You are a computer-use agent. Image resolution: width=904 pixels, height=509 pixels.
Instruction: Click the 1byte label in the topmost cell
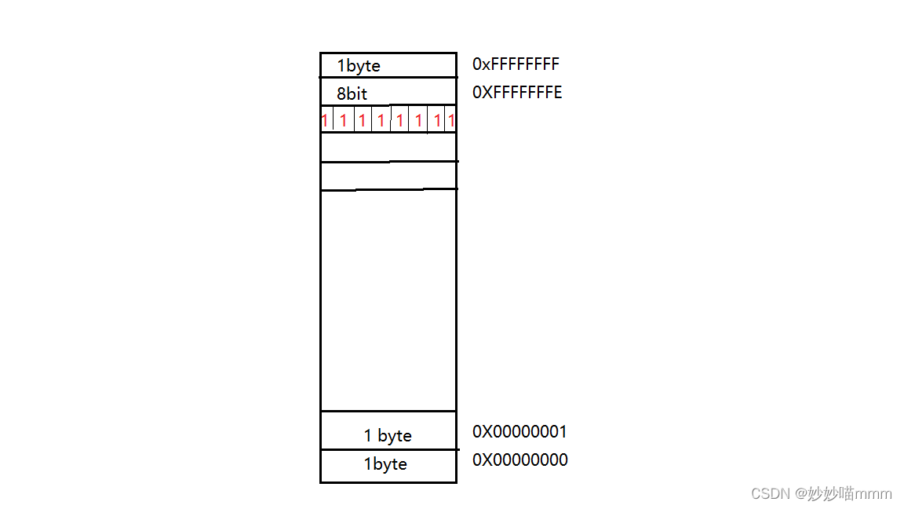point(359,66)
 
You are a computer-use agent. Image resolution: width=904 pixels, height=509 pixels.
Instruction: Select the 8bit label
point(352,94)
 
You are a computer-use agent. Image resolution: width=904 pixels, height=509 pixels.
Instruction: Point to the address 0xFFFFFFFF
point(516,64)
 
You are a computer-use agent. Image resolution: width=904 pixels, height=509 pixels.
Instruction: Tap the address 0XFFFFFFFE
point(517,93)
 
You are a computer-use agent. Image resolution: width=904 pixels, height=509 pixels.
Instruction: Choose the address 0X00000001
point(519,432)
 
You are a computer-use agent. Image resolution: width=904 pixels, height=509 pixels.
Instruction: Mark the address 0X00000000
point(519,460)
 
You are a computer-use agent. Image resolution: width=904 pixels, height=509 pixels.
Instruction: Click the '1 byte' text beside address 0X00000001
point(388,436)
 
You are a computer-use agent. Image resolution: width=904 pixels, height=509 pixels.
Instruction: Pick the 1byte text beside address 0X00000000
point(385,464)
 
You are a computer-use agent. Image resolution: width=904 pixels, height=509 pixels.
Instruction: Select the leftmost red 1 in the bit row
point(324,121)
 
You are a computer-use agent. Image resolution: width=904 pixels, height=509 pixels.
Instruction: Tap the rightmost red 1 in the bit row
point(451,121)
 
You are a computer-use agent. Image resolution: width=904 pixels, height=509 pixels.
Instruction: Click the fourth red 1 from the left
point(381,121)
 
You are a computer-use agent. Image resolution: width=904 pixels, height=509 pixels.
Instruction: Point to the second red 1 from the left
point(344,121)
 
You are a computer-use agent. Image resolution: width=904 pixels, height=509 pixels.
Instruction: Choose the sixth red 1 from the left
point(419,121)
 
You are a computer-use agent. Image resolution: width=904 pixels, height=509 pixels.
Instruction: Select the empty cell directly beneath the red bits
point(388,147)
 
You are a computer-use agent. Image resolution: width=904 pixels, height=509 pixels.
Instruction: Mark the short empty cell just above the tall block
point(388,176)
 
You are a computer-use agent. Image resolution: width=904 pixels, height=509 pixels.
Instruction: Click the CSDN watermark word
point(769,493)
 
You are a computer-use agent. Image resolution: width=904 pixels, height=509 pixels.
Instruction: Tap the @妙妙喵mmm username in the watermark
point(844,493)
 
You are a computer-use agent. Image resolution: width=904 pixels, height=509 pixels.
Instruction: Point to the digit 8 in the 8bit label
point(341,94)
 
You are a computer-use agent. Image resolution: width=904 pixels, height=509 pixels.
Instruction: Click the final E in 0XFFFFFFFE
point(558,93)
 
